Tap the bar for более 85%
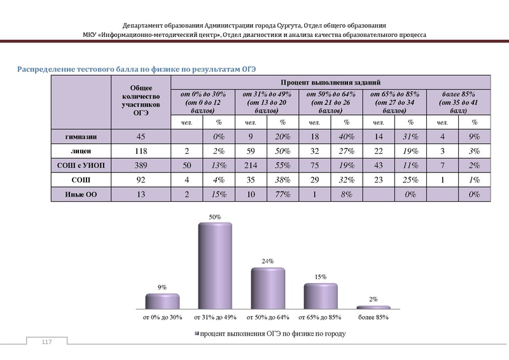pos(373,307)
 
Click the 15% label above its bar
pos(320,277)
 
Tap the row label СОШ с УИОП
pos(81,165)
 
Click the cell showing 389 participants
pos(141,165)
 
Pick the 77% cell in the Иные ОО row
pos(283,195)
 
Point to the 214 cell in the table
pos(251,165)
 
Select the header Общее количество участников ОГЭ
pos(141,100)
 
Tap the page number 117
pos(46,343)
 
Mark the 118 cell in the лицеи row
pos(141,149)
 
